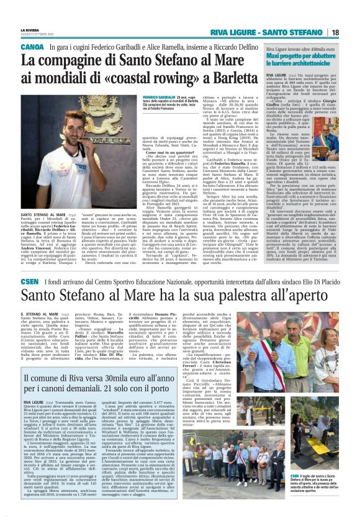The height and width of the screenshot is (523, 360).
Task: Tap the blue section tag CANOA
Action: (x=32, y=47)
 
